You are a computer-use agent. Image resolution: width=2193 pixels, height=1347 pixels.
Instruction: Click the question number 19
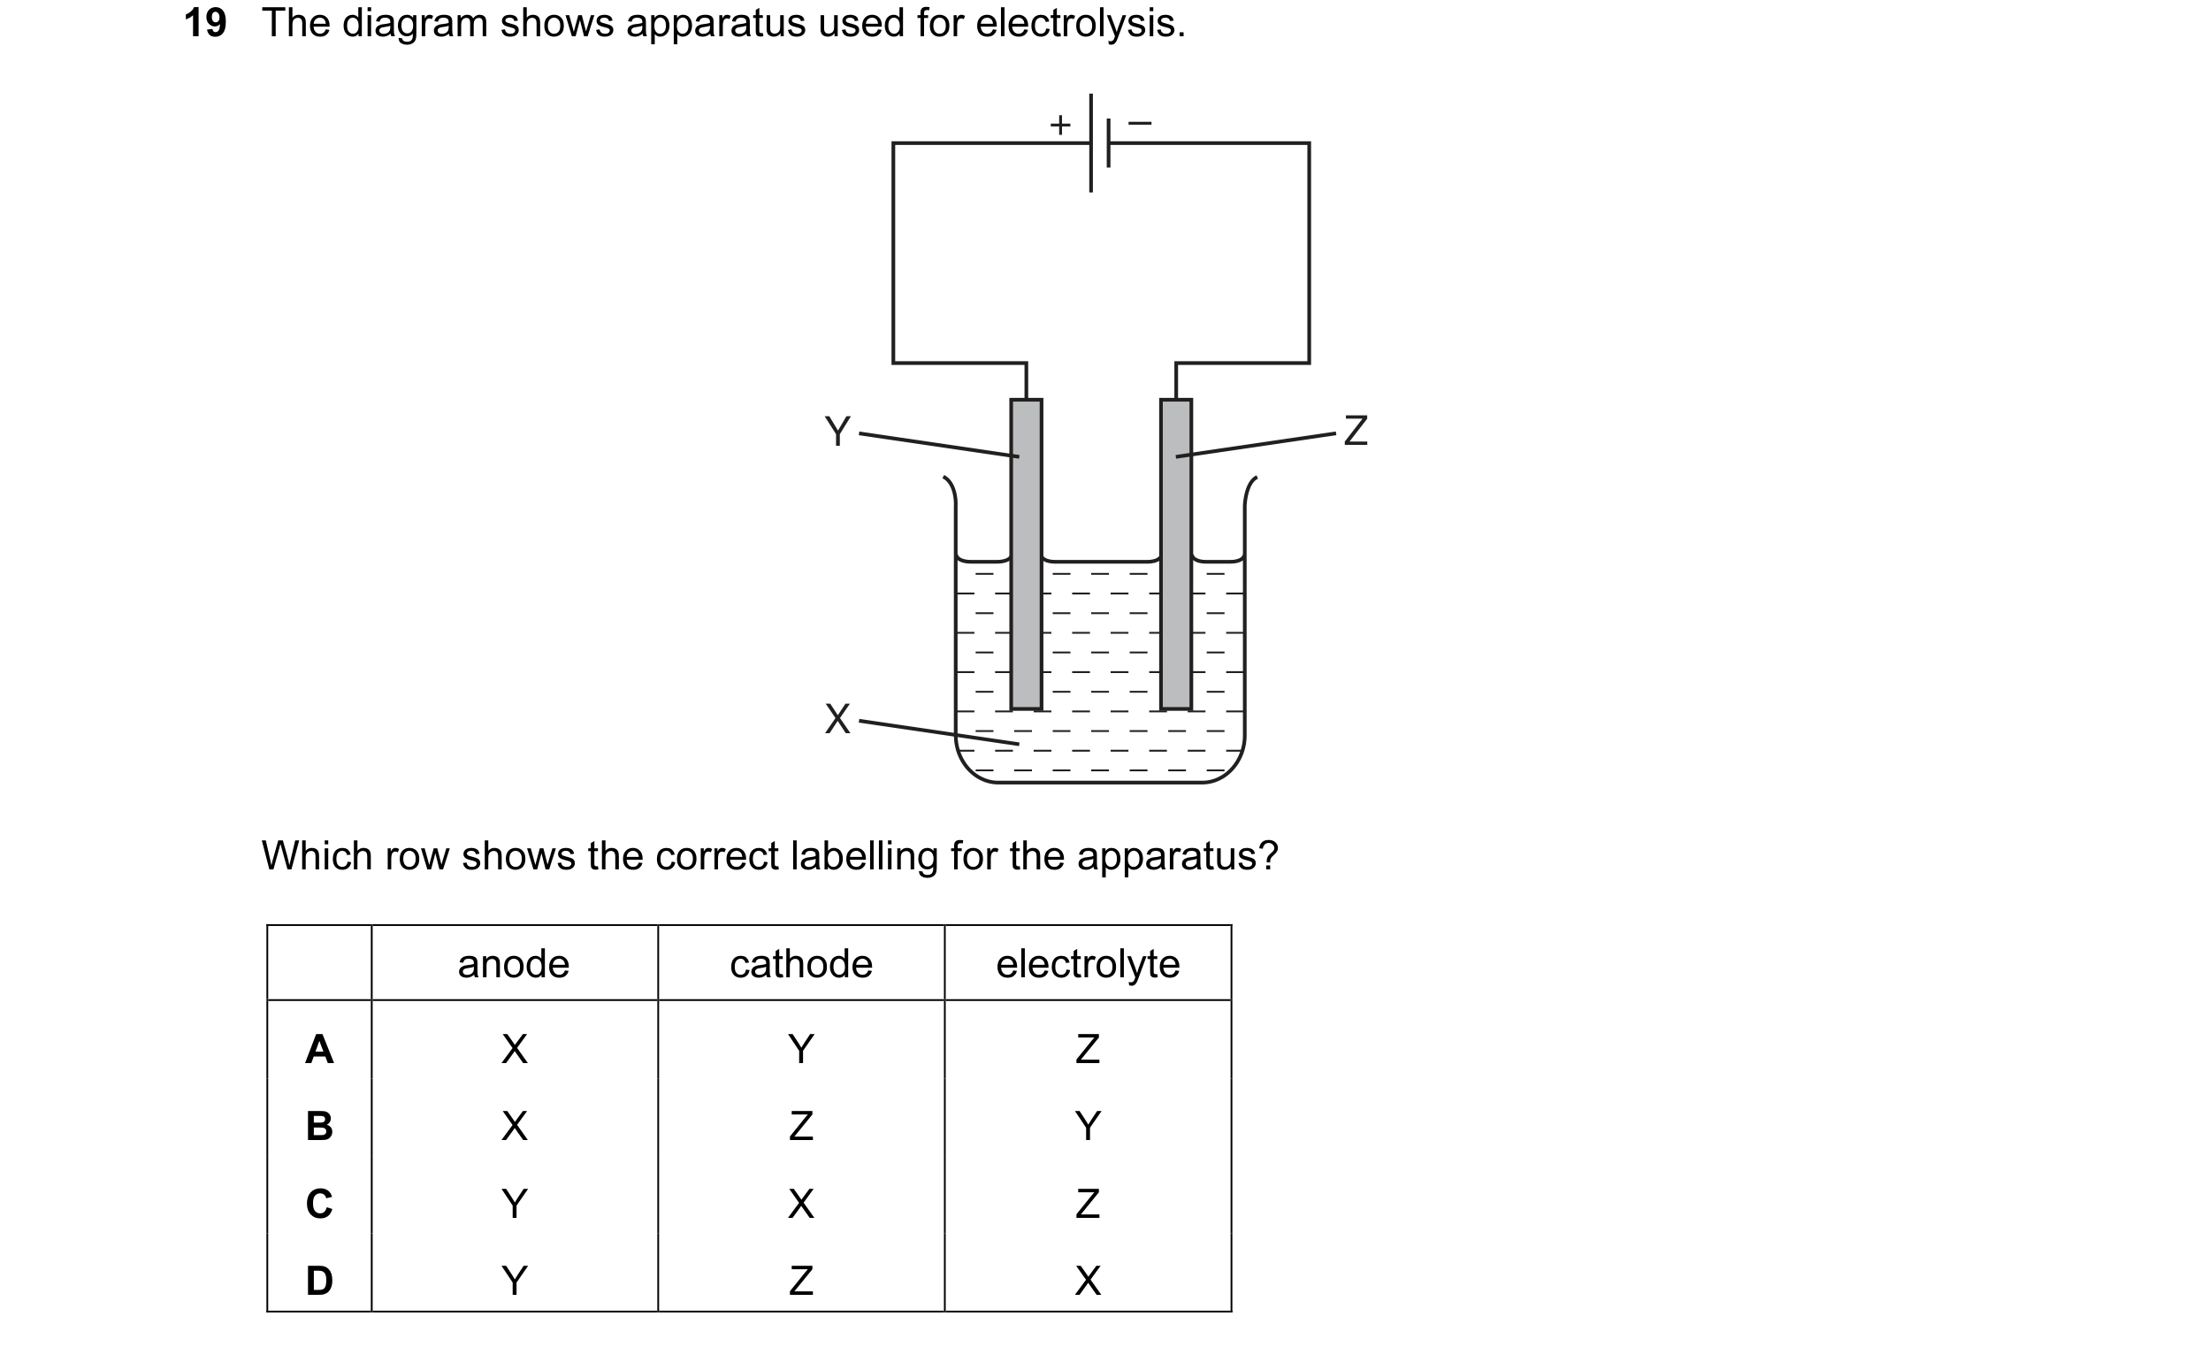(205, 23)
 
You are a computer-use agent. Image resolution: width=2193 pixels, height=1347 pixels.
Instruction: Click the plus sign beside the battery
(1059, 124)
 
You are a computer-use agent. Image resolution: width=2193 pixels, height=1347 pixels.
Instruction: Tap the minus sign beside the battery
(1140, 122)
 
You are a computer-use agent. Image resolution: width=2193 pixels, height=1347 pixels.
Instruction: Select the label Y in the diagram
(837, 432)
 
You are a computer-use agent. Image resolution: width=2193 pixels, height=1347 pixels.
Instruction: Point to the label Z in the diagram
(1355, 431)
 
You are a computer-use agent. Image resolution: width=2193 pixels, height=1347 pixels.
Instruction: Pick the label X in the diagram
(837, 719)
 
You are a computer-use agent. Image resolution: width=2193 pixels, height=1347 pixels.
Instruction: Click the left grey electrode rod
(1026, 555)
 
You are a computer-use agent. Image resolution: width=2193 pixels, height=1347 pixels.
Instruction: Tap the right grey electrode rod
(1176, 555)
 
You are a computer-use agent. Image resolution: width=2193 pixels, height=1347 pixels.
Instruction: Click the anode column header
(513, 965)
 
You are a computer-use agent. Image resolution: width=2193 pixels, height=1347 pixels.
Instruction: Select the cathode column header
(801, 965)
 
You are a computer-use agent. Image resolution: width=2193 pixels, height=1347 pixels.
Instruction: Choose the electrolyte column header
(1088, 965)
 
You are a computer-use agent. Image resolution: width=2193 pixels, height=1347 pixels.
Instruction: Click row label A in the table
(319, 1050)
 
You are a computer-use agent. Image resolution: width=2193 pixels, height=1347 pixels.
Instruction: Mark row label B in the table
(319, 1126)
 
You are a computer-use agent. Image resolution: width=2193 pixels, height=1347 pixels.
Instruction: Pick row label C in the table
(319, 1204)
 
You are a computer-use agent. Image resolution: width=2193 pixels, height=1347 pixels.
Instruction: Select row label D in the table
(319, 1281)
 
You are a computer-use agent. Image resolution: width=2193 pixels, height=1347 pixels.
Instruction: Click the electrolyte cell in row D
(1088, 1281)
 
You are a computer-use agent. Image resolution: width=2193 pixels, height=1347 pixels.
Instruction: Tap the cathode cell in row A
(801, 1050)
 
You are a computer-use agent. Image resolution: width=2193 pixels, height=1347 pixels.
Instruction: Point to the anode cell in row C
(514, 1204)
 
